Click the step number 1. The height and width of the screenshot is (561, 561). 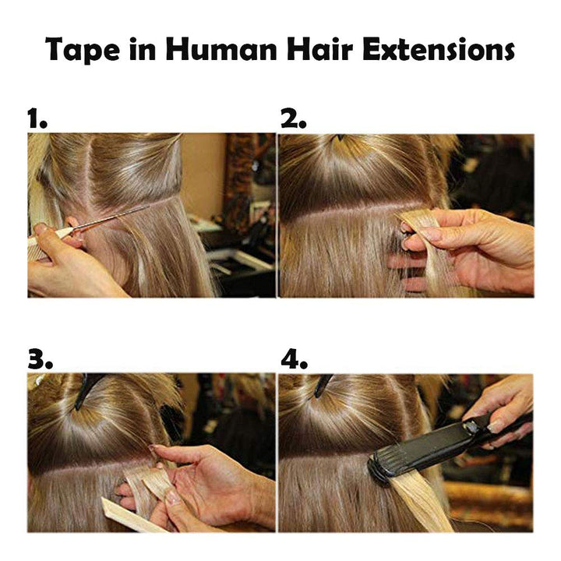[x=37, y=119]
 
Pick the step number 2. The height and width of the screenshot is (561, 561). [x=293, y=119]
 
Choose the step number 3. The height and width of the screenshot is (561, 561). [x=40, y=359]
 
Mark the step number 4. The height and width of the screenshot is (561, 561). [x=294, y=359]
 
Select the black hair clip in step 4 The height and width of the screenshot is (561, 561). [x=323, y=384]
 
